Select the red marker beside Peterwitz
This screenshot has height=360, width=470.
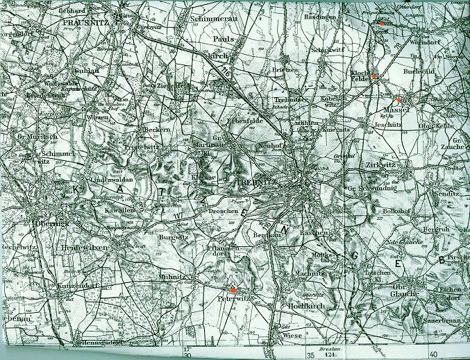click(x=234, y=289)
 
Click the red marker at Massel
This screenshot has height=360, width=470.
click(x=399, y=100)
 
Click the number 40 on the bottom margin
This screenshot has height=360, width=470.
click(x=433, y=356)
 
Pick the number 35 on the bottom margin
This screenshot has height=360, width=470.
click(x=311, y=356)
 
